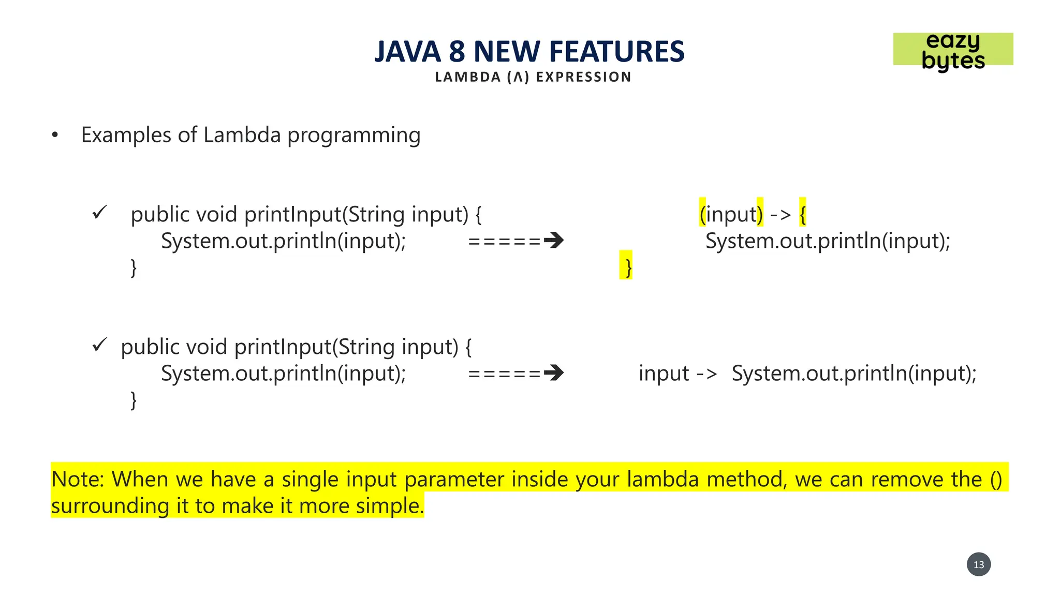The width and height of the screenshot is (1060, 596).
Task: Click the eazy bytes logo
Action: click(953, 50)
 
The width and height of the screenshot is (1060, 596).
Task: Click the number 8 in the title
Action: click(457, 52)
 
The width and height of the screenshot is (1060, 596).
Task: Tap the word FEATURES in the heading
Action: click(616, 52)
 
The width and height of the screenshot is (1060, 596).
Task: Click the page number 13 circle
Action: click(978, 564)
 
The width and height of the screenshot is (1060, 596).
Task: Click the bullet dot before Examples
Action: click(55, 136)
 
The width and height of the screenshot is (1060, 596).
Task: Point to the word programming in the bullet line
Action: click(354, 136)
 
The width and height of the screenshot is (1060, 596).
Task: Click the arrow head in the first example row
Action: click(554, 241)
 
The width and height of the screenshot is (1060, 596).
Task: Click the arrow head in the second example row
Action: click(554, 373)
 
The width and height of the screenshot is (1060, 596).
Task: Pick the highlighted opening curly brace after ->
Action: click(802, 214)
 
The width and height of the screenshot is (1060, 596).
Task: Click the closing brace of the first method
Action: click(134, 267)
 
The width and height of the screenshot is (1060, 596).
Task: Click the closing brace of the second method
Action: click(134, 400)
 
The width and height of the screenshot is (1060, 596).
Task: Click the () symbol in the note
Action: click(996, 479)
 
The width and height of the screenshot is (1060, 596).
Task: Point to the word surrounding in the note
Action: click(110, 506)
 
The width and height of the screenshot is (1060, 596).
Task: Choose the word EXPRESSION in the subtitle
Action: click(583, 77)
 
